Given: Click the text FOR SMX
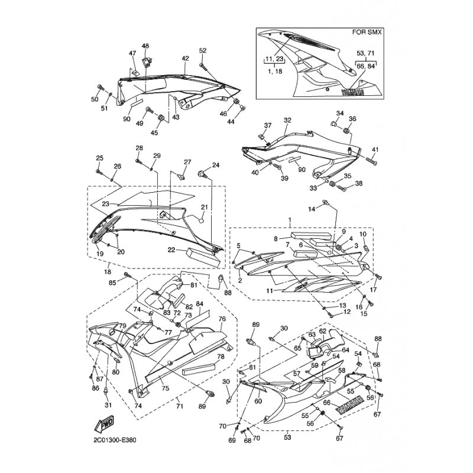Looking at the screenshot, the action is pyautogui.click(x=367, y=32).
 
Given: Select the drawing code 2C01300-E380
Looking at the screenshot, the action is pyautogui.click(x=115, y=440).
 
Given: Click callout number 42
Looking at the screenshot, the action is pyautogui.click(x=185, y=58).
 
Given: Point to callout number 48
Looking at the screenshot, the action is pyautogui.click(x=145, y=46).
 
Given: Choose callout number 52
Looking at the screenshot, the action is pyautogui.click(x=203, y=50).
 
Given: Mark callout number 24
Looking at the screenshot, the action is pyautogui.click(x=216, y=165).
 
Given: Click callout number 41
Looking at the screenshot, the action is pyautogui.click(x=375, y=150).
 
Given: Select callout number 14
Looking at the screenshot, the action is pyautogui.click(x=312, y=209).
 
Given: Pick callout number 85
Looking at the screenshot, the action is pyautogui.click(x=112, y=283).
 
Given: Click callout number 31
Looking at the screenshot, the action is pyautogui.click(x=108, y=405).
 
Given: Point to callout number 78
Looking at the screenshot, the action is pyautogui.click(x=221, y=357).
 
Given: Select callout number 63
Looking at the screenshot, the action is pyautogui.click(x=312, y=335).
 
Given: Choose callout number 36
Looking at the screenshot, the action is pyautogui.click(x=352, y=119).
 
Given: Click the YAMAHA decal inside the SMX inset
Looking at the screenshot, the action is pyautogui.click(x=352, y=92).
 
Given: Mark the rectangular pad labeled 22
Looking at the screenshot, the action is pyautogui.click(x=202, y=257).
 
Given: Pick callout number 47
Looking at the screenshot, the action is pyautogui.click(x=132, y=53).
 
